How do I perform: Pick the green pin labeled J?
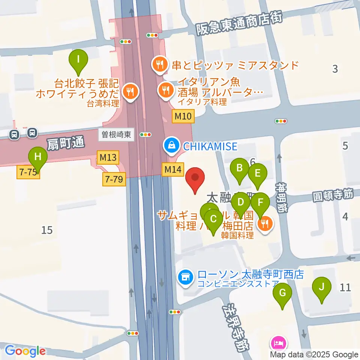pyautogui.click(x=321, y=288)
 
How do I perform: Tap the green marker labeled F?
pyautogui.click(x=260, y=203)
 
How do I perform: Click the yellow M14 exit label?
pyautogui.click(x=173, y=170)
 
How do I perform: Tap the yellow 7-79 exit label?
pyautogui.click(x=114, y=180)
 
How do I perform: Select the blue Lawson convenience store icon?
pyautogui.click(x=184, y=278)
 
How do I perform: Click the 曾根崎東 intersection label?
pyautogui.click(x=117, y=135)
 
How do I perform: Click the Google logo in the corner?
pyautogui.click(x=25, y=351)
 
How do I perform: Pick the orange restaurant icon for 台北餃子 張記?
pyautogui.click(x=131, y=91)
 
